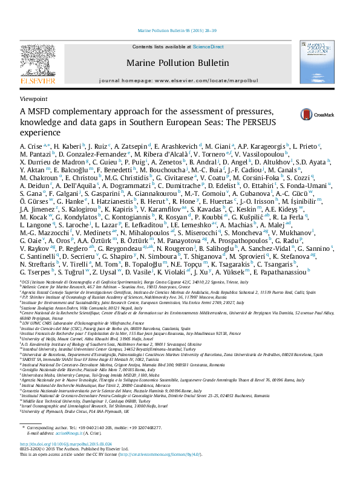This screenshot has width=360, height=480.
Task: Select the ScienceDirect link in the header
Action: pos(208,47)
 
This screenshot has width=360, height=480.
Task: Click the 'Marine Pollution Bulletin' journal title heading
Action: pos(177,62)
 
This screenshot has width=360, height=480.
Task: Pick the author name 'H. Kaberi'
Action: pos(67,147)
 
